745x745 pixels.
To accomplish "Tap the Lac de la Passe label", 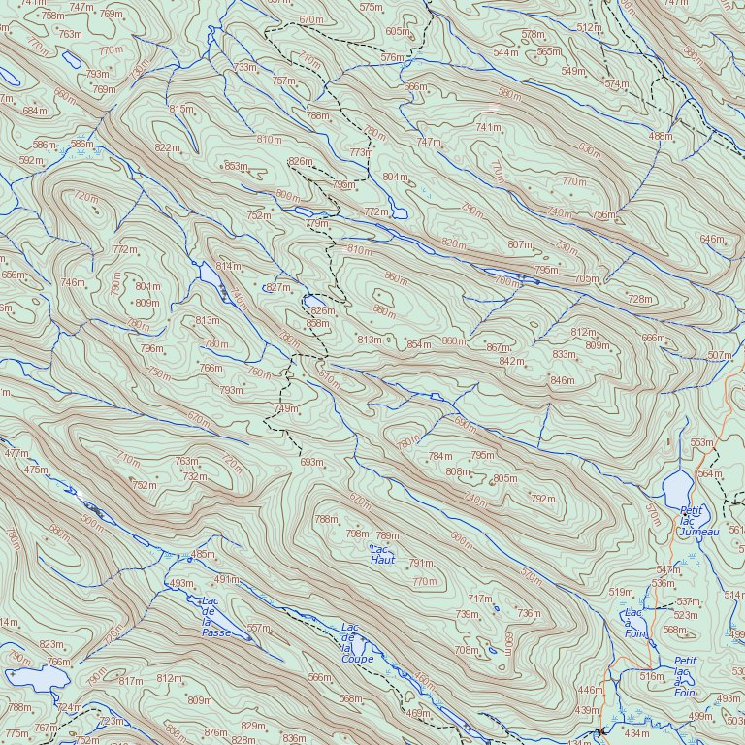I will pyautogui.click(x=215, y=617).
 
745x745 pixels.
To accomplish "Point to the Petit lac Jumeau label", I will pyautogui.click(x=698, y=521).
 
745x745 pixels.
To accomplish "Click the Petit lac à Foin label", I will pyautogui.click(x=685, y=676).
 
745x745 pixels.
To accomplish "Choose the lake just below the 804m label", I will pyautogui.click(x=397, y=211).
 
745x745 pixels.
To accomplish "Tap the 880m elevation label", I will pyautogui.click(x=385, y=310).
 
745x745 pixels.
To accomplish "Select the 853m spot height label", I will pyautogui.click(x=236, y=166).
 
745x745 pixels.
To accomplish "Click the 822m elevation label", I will pyautogui.click(x=167, y=148).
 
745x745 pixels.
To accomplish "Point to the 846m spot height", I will pyautogui.click(x=563, y=380).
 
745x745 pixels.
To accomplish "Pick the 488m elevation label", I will pyautogui.click(x=661, y=136).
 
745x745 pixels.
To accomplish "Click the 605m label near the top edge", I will pyautogui.click(x=398, y=32).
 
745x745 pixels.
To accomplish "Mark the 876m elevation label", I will pyautogui.click(x=215, y=732).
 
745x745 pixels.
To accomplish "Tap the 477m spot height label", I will pyautogui.click(x=16, y=453).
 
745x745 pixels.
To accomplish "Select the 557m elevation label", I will pyautogui.click(x=258, y=629).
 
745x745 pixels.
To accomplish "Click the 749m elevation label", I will pyautogui.click(x=286, y=408).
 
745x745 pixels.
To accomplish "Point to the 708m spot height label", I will pyautogui.click(x=467, y=650).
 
